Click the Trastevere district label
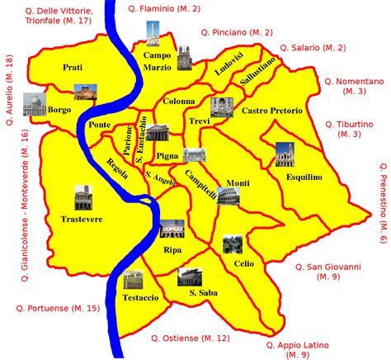[81, 220]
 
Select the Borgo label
[59, 109]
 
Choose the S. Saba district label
[202, 292]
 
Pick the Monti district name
[238, 182]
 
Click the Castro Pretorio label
[272, 110]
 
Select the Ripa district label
[172, 249]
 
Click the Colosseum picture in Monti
[228, 196]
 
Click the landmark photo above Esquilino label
[285, 154]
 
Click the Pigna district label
[167, 155]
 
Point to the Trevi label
[200, 121]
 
